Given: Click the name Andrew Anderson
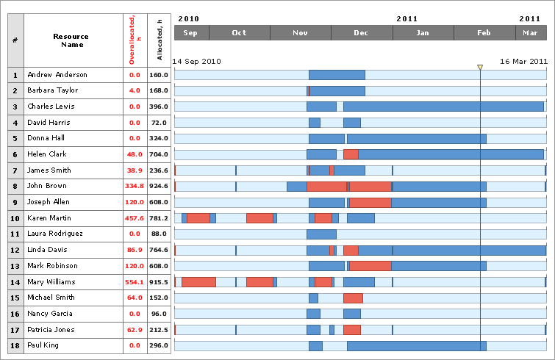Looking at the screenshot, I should pyautogui.click(x=57, y=75).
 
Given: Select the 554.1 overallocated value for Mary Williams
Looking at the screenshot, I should pyautogui.click(x=134, y=282).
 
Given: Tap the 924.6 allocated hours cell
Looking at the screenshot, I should pyautogui.click(x=159, y=187).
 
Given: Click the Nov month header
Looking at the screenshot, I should pyautogui.click(x=300, y=33).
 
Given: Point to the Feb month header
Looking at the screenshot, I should pyautogui.click(x=484, y=33).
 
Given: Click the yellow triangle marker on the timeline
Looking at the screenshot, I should pyautogui.click(x=480, y=68).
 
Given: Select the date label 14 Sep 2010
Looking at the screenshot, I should pyautogui.click(x=196, y=62).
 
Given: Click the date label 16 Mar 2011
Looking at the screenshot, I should pyautogui.click(x=523, y=62).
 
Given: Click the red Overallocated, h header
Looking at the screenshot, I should pyautogui.click(x=135, y=40).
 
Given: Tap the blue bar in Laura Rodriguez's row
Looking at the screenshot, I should pyautogui.click(x=321, y=234).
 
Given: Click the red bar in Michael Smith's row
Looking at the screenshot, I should pyautogui.click(x=353, y=298).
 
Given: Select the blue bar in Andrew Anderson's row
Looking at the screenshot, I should pyautogui.click(x=337, y=75).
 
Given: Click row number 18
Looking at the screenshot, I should pyautogui.click(x=15, y=345).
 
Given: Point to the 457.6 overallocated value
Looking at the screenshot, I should pyautogui.click(x=134, y=218).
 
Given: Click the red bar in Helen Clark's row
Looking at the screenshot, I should pyautogui.click(x=351, y=154).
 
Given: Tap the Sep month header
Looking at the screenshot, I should pyautogui.click(x=191, y=33).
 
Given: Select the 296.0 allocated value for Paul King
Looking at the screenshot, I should pyautogui.click(x=159, y=345).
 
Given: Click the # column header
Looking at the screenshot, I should pyautogui.click(x=15, y=40).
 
